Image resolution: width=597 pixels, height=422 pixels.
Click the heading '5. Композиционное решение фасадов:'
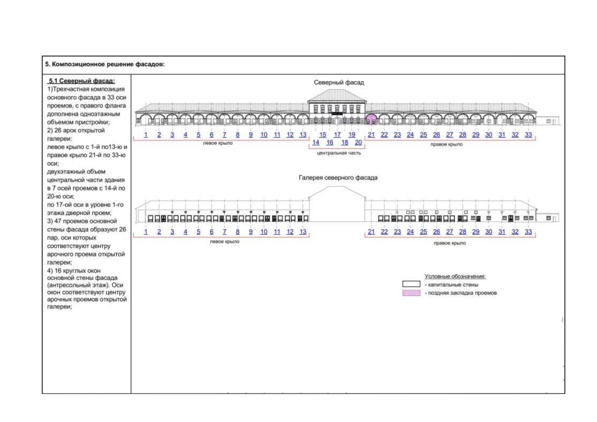point(105,64)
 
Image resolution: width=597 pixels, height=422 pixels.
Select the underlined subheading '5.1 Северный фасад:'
point(82,81)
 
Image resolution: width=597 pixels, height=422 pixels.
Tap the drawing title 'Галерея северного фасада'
point(338,178)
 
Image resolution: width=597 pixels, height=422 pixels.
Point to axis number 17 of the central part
point(337,135)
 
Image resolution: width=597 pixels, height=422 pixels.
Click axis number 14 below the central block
point(316,142)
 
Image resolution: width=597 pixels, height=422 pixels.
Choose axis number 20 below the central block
point(358,142)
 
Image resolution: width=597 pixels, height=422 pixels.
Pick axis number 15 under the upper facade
point(323,135)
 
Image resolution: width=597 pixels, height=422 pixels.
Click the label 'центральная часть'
point(339,153)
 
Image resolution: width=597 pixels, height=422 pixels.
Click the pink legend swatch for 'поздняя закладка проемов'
point(411,293)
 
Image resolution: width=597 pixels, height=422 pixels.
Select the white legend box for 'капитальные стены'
point(411,284)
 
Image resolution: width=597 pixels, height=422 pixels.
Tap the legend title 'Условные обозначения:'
point(455,276)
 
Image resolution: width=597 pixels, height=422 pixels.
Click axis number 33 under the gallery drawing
point(528,231)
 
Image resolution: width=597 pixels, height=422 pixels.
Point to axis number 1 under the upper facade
point(146,135)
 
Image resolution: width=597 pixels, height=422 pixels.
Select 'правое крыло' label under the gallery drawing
point(450,243)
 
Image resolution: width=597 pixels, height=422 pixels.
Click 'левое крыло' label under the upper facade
point(218,143)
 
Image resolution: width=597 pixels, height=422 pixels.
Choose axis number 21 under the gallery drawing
point(371,231)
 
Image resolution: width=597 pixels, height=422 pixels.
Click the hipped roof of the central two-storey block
point(337,95)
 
